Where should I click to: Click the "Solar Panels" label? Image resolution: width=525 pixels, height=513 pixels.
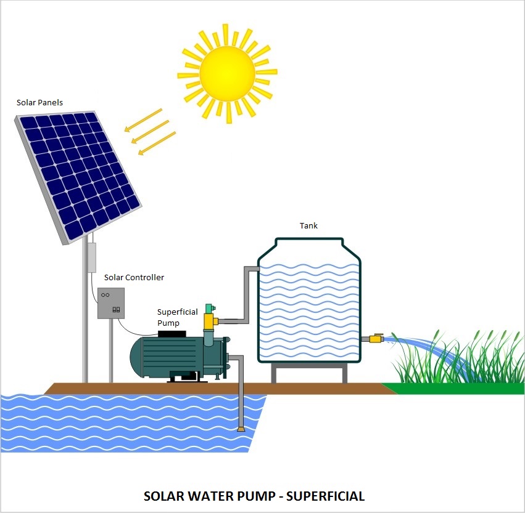pyautogui.click(x=39, y=103)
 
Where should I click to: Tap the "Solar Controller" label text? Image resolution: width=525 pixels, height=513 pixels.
pyautogui.click(x=134, y=277)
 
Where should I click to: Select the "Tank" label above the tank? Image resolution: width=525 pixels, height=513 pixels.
pyautogui.click(x=308, y=225)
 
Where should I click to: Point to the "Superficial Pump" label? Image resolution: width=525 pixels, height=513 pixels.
pyautogui.click(x=177, y=317)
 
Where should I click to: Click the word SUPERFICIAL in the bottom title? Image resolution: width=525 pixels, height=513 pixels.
pyautogui.click(x=326, y=496)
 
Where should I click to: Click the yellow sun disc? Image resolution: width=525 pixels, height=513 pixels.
pyautogui.click(x=228, y=73)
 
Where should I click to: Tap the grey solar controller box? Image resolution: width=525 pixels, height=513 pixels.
pyautogui.click(x=111, y=303)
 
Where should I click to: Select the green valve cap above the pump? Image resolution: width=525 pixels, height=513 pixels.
pyautogui.click(x=210, y=309)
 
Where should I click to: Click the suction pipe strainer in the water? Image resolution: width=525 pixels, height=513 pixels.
pyautogui.click(x=241, y=429)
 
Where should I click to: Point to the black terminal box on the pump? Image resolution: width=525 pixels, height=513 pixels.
pyautogui.click(x=172, y=334)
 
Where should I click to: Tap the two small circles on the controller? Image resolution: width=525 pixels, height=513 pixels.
pyautogui.click(x=105, y=295)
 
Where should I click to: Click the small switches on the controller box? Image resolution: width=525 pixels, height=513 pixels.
pyautogui.click(x=116, y=310)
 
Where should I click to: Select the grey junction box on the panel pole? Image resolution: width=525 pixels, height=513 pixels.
pyautogui.click(x=92, y=257)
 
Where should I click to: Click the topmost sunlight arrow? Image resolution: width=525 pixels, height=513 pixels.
pyautogui.click(x=143, y=120)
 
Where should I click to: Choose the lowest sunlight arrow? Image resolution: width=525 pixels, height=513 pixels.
pyautogui.click(x=157, y=143)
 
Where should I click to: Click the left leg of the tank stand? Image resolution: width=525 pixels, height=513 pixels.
pyautogui.click(x=273, y=374)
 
